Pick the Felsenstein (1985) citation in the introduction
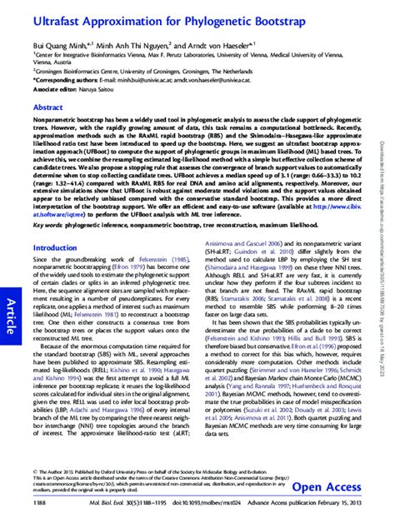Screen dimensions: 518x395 (176, 237)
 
